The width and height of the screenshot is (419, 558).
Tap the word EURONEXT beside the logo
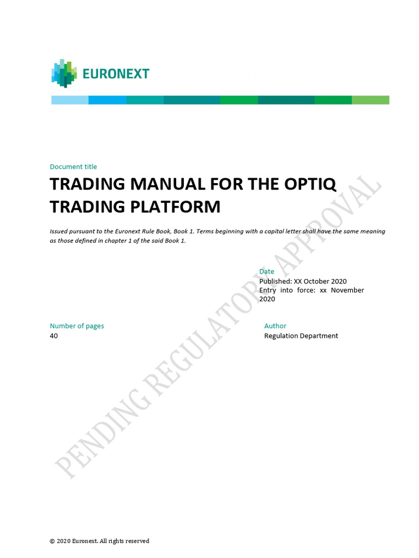tap(116, 74)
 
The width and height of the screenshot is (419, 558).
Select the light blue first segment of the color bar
tap(70, 100)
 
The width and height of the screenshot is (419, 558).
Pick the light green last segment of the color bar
tap(370, 100)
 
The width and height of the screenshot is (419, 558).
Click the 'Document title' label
tap(73, 167)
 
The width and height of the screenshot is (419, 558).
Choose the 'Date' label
tap(267, 271)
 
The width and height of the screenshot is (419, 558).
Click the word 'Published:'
tap(276, 281)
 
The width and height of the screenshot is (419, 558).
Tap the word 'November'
tap(347, 290)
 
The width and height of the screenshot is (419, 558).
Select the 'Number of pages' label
tap(77, 326)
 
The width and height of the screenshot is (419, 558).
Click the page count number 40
tap(53, 336)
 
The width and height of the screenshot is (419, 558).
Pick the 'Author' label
tap(275, 326)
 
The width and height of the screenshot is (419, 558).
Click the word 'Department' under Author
tap(319, 336)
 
